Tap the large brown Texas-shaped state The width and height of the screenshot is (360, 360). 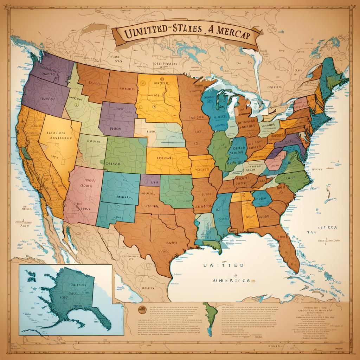pyautogui.click(x=158, y=229)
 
